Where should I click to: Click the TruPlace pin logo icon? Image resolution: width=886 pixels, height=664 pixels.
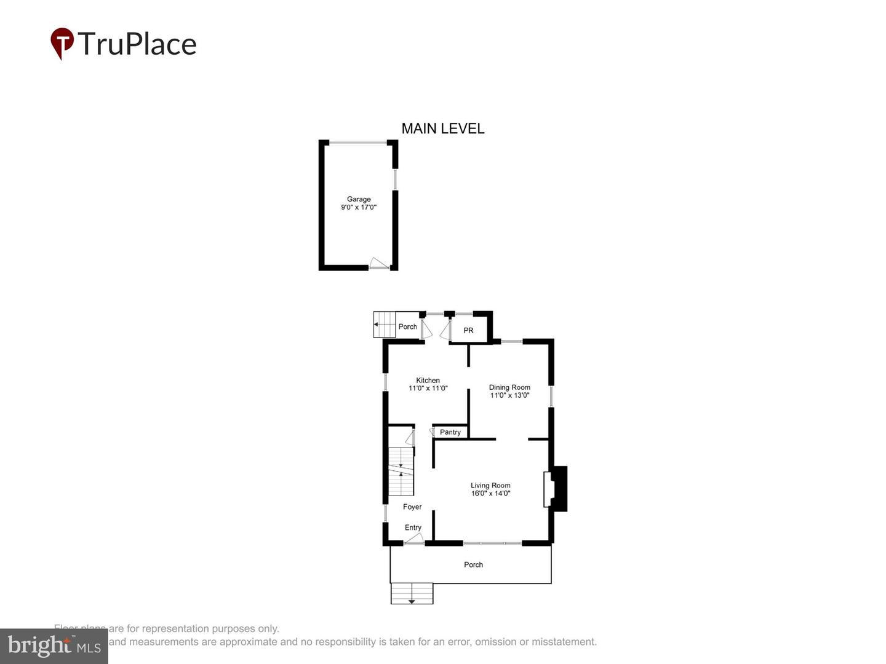(x=62, y=44)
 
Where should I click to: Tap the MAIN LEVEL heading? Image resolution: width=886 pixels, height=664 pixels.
(x=443, y=128)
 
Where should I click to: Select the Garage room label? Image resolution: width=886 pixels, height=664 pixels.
(x=359, y=199)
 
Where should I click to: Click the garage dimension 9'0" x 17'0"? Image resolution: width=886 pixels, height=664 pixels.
(x=359, y=208)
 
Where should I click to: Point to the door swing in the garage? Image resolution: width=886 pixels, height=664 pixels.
(x=378, y=263)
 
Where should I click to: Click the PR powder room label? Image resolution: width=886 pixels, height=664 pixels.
(x=468, y=331)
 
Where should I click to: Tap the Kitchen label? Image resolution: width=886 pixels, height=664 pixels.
(x=428, y=381)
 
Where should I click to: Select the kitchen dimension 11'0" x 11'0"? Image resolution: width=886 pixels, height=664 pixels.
(x=428, y=389)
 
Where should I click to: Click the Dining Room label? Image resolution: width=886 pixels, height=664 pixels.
(x=509, y=387)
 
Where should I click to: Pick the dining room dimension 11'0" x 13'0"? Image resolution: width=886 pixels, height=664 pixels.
(x=509, y=395)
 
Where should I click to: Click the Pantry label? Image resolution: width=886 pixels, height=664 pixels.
(x=450, y=432)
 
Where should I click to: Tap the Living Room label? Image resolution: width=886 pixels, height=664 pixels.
(x=490, y=486)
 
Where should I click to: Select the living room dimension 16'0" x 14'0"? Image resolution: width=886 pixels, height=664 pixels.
(x=490, y=494)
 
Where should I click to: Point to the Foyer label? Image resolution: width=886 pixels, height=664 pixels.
(x=412, y=507)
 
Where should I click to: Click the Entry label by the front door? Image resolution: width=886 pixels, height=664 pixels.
(x=413, y=528)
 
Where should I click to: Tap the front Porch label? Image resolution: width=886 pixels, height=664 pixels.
(x=473, y=564)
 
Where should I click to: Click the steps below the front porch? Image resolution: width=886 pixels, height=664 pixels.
(x=412, y=593)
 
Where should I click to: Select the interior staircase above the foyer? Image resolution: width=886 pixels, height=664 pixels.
(x=401, y=471)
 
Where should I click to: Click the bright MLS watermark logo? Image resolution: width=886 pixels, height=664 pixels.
(x=54, y=646)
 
